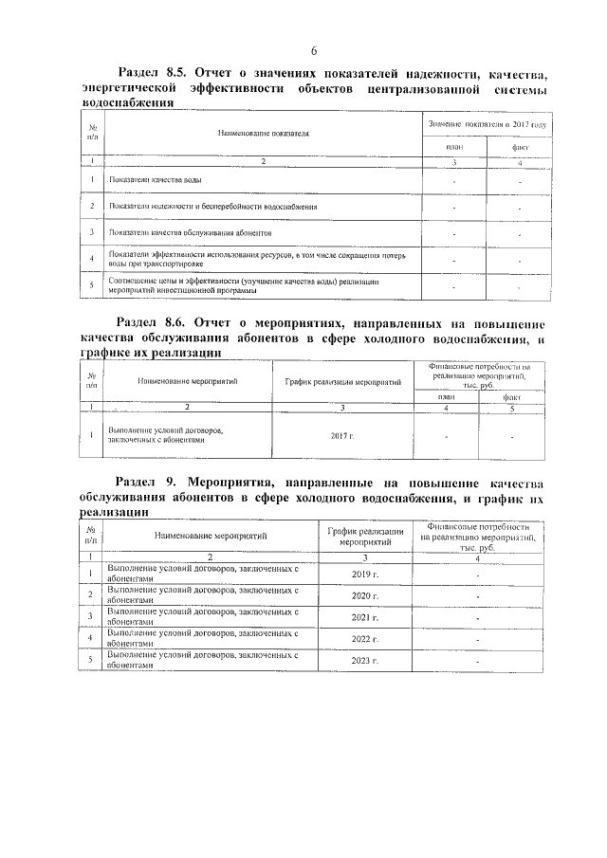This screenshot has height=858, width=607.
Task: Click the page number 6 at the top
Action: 314,50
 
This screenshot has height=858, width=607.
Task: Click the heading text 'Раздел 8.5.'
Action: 154,72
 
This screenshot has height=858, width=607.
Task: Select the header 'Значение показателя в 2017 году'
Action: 487,124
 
